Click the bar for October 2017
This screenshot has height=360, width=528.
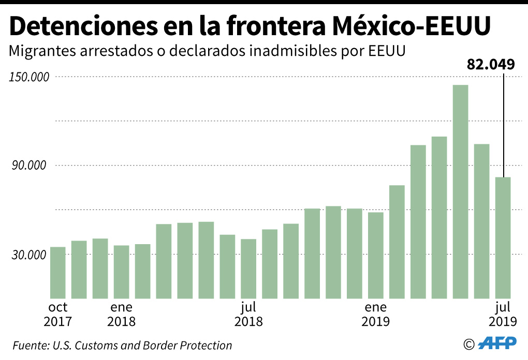click(58, 273)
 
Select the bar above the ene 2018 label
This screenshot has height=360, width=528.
click(122, 272)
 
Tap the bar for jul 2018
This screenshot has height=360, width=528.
click(248, 268)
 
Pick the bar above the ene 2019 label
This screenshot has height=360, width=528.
click(376, 255)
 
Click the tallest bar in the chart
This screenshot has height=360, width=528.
click(460, 191)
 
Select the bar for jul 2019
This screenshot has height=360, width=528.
click(503, 237)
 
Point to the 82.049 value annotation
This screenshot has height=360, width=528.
click(491, 65)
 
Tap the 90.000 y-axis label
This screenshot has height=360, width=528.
click(32, 166)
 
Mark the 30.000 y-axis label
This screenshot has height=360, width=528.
click(32, 254)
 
